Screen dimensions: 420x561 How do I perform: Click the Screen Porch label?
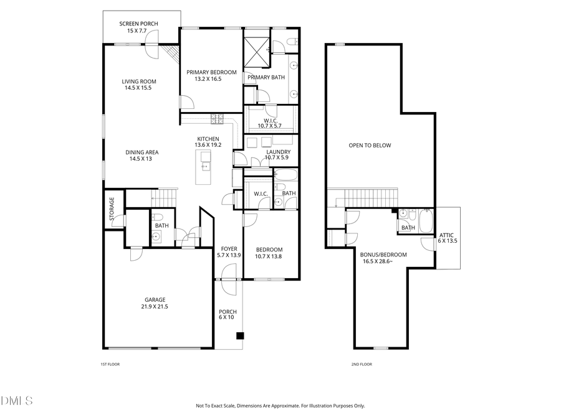point(138,24)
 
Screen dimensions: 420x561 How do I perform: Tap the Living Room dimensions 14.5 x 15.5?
point(138,88)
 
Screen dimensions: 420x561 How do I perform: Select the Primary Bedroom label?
point(211,72)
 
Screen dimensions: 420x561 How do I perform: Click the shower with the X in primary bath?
point(256,48)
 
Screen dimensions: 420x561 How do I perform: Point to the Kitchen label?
point(208,139)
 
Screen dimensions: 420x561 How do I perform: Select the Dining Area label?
point(141,152)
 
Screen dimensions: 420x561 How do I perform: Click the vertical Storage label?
point(112,209)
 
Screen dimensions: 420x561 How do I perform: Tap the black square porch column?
point(239,337)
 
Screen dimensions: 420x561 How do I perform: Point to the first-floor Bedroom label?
point(269,250)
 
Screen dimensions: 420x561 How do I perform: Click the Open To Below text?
point(370,146)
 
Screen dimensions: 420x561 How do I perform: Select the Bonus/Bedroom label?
point(383,254)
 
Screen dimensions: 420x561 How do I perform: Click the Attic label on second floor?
point(446,235)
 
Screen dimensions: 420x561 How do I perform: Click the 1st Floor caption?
point(110,364)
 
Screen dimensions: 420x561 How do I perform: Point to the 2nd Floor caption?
point(362,364)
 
